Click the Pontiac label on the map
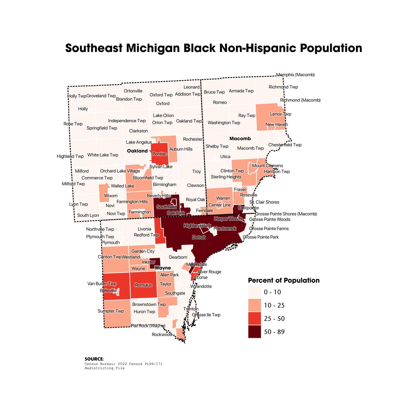160,154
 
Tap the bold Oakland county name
137,151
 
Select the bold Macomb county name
240,138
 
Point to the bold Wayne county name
163,268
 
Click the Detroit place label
199,237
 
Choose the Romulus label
143,285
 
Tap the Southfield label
167,207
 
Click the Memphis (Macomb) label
295,75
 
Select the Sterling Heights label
226,177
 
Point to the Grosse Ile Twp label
206,315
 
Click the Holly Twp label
77,96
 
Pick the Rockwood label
162,334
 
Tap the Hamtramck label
225,229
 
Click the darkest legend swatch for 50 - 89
254,332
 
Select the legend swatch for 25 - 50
254,318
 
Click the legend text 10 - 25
274,305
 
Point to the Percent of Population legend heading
284,280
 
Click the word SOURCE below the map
93,359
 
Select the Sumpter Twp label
111,311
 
